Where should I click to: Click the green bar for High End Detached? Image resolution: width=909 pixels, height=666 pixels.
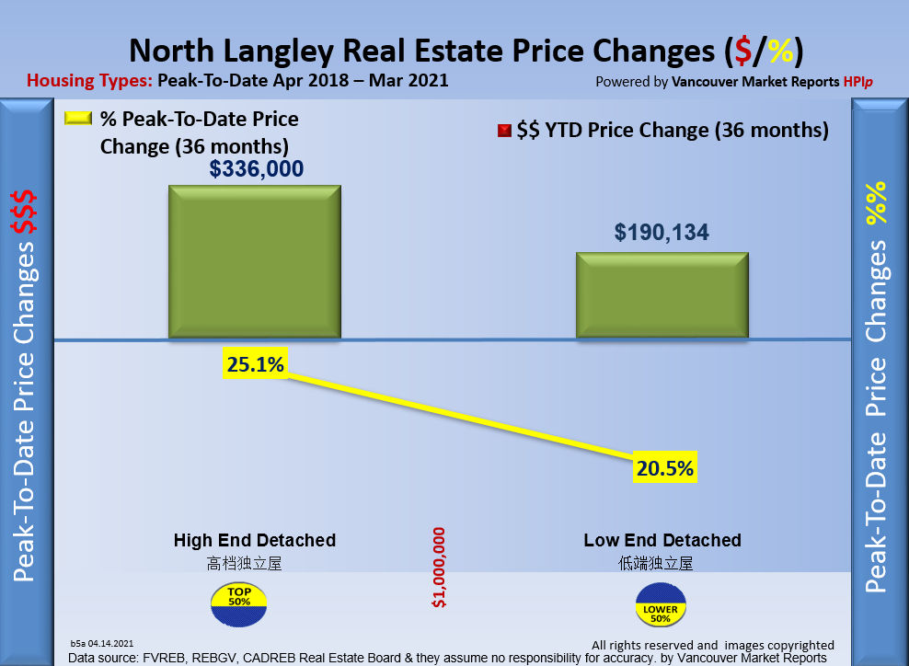[x=254, y=262]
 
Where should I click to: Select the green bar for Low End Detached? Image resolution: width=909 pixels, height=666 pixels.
[x=662, y=295]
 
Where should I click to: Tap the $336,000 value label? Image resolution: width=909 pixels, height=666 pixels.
[x=257, y=169]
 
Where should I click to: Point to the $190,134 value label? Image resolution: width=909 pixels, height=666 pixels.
[x=663, y=233]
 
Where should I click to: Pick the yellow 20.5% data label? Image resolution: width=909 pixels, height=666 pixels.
[x=664, y=468]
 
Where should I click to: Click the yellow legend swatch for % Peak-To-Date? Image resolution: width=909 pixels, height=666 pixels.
[x=79, y=120]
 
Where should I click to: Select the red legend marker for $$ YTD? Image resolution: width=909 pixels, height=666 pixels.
[x=503, y=131]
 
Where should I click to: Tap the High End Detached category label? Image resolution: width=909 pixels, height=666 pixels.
[x=255, y=540]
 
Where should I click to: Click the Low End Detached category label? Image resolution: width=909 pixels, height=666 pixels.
[x=662, y=540]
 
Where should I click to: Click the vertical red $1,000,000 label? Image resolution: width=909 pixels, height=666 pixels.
[x=439, y=568]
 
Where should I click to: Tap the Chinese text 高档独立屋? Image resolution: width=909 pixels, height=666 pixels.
[x=244, y=563]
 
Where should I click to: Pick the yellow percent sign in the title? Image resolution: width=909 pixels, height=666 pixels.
[x=779, y=51]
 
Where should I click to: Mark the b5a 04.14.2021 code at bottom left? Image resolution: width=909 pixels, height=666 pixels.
[x=102, y=643]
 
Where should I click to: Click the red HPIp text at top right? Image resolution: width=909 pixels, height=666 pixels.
[x=857, y=81]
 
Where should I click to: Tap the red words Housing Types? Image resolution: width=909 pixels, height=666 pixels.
[x=90, y=80]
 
